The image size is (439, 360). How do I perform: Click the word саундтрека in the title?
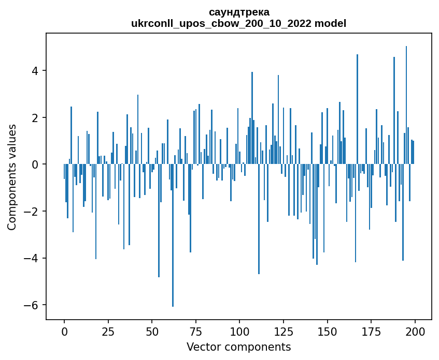(x=239, y=12)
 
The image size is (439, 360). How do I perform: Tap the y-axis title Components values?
(x=12, y=177)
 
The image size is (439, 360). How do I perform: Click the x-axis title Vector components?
(x=238, y=347)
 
